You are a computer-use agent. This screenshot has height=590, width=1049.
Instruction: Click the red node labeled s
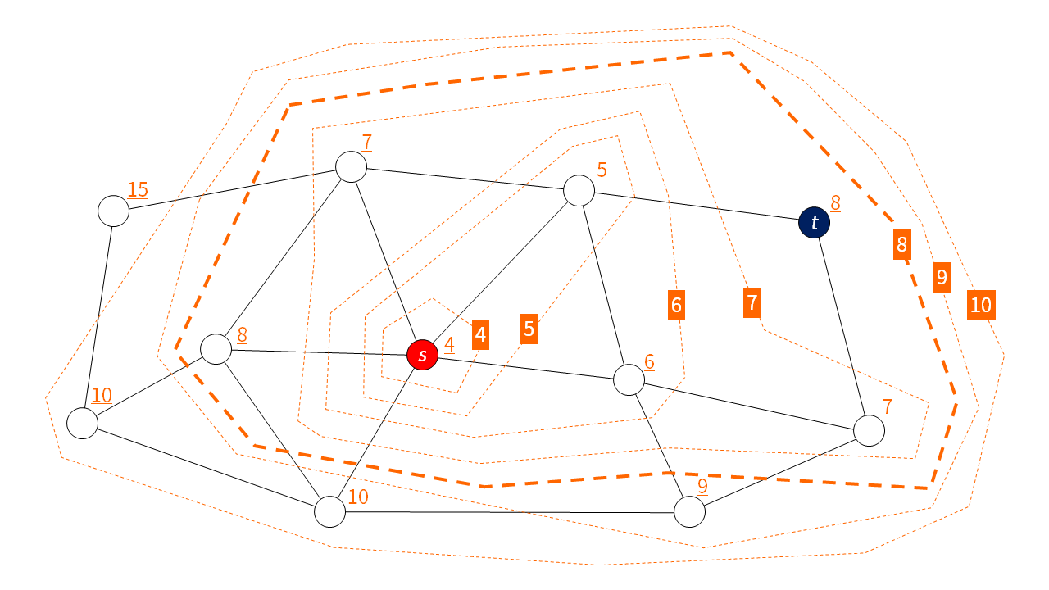coord(423,355)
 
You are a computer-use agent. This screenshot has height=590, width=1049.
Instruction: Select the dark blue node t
coord(814,223)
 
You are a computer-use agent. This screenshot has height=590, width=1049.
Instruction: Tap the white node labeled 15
coord(114,211)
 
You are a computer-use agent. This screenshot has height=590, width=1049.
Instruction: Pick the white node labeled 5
coord(579,191)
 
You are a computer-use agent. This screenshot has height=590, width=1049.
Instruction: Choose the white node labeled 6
coord(629,379)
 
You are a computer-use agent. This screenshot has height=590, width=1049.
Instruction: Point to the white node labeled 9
coord(689,511)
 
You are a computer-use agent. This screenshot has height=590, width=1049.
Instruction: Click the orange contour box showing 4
coord(480,334)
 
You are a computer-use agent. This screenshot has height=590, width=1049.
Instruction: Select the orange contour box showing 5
coord(529,329)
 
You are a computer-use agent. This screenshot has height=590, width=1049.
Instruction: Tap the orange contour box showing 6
coord(676,305)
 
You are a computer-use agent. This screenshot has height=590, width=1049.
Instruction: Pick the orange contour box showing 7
coord(752,303)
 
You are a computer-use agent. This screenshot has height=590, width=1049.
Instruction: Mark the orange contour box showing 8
coord(901,244)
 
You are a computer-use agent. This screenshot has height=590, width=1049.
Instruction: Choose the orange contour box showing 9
coord(942,278)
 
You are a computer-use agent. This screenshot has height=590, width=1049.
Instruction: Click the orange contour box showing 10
coord(980,306)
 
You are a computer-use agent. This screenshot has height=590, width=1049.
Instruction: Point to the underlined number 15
coord(138,190)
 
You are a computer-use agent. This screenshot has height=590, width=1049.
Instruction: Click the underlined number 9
coord(702,486)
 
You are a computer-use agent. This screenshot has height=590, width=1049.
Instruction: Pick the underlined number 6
coord(649,361)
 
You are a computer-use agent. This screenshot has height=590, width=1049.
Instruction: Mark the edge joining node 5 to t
coord(697,207)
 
